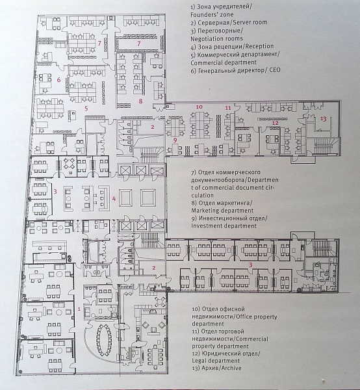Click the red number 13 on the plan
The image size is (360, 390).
click(x=323, y=119)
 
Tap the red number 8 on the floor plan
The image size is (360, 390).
click(x=141, y=101)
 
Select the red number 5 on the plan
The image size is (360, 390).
click(x=86, y=109)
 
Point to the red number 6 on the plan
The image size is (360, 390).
click(x=58, y=79)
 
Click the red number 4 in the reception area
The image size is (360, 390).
click(x=114, y=198)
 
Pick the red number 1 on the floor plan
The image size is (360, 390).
click(x=79, y=309)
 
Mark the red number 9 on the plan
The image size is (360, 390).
click(x=175, y=140)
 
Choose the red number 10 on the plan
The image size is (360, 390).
click(x=199, y=107)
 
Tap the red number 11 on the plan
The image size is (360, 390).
click(x=228, y=108)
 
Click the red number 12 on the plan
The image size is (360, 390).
click(x=276, y=123)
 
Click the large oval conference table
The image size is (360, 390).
click(x=105, y=340)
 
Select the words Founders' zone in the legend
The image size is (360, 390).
click(x=212, y=14)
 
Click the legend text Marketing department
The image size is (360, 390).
click(x=222, y=211)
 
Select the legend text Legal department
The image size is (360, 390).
click(x=216, y=360)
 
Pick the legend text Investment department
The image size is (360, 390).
click(x=224, y=226)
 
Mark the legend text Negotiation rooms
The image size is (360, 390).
click(x=216, y=38)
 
